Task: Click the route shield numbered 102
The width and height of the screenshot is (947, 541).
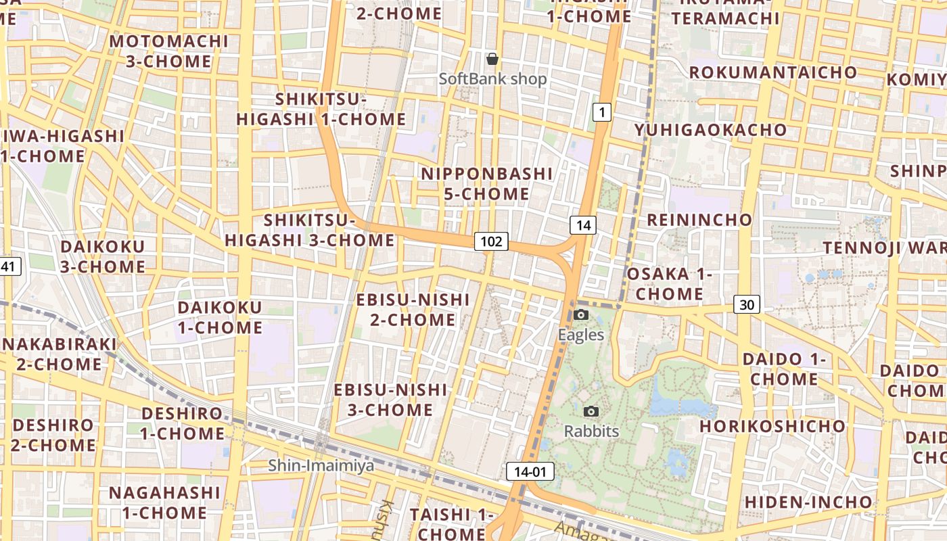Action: [491, 241]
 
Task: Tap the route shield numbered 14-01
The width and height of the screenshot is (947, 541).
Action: [530, 471]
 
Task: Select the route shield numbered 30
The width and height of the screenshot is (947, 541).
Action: [746, 305]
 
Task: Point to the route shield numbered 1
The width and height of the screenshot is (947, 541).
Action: [601, 112]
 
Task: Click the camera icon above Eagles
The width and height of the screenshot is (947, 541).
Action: [580, 314]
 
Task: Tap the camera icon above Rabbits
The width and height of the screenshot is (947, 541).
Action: [591, 411]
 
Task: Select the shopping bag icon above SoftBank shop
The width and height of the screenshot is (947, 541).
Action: [492, 59]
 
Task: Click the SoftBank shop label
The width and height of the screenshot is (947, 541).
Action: [492, 79]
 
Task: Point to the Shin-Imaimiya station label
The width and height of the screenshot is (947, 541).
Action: [321, 465]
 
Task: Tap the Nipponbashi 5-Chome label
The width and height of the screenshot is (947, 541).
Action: [486, 184]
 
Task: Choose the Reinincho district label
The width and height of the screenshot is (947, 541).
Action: [699, 220]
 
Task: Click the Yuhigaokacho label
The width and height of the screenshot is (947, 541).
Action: [710, 130]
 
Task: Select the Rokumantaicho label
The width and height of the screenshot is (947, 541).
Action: [772, 72]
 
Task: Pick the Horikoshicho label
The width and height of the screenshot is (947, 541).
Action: [772, 426]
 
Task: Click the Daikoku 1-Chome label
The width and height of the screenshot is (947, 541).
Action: [220, 318]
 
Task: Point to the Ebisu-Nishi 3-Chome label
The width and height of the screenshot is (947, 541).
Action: [390, 400]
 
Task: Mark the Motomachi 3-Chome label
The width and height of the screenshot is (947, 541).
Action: [168, 51]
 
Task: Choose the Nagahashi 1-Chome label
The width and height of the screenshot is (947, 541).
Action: [164, 502]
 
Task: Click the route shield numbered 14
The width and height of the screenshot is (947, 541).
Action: [582, 225]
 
